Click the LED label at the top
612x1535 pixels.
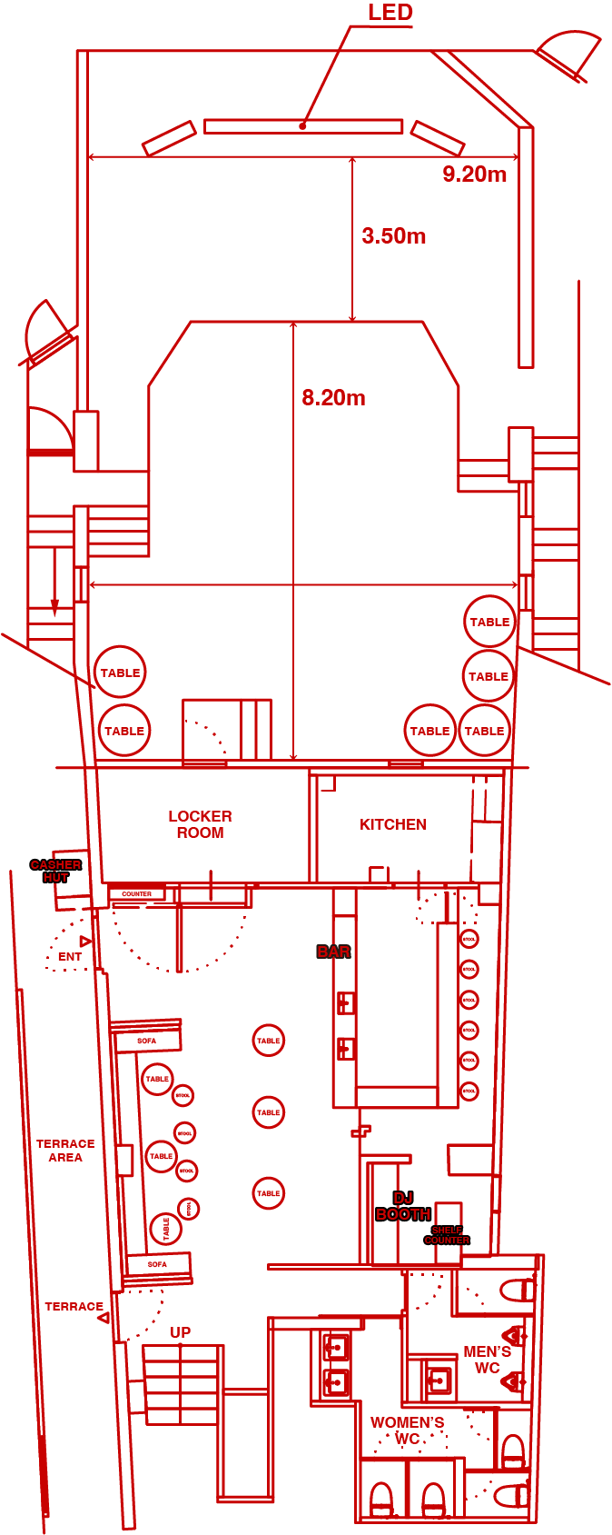click(x=390, y=13)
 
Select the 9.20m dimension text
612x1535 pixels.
click(x=474, y=174)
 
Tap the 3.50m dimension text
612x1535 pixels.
click(x=394, y=236)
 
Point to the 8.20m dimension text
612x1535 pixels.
click(x=333, y=398)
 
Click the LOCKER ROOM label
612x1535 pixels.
click(x=200, y=824)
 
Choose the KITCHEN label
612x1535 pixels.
click(x=393, y=824)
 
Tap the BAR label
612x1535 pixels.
click(x=333, y=952)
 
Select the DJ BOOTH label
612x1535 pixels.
click(x=403, y=1206)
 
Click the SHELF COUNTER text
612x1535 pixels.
click(x=447, y=1235)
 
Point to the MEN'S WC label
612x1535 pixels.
click(x=487, y=1360)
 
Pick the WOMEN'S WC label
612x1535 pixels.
click(x=407, y=1430)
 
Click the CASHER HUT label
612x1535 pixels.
click(x=55, y=871)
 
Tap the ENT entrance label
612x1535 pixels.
click(x=70, y=957)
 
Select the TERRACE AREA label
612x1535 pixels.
click(x=65, y=1151)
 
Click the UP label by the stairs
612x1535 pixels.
click(x=180, y=1332)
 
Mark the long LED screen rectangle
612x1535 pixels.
click(x=303, y=126)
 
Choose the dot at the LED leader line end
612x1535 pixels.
click(x=302, y=126)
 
